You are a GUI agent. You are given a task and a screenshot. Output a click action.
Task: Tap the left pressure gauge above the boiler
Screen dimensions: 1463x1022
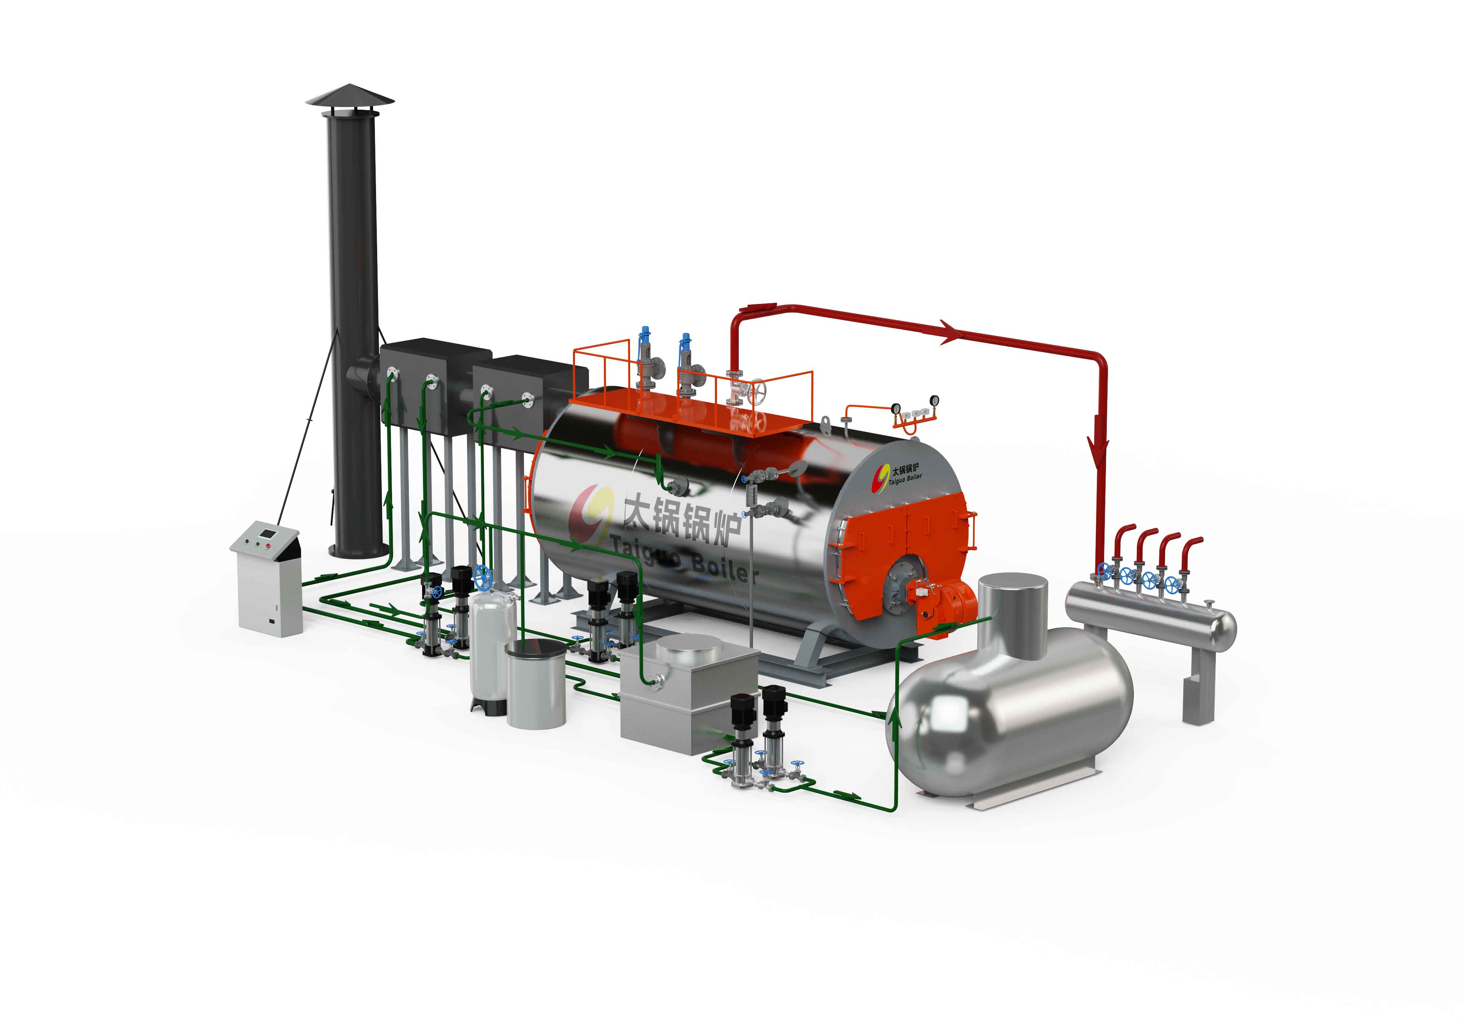point(895,408)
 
